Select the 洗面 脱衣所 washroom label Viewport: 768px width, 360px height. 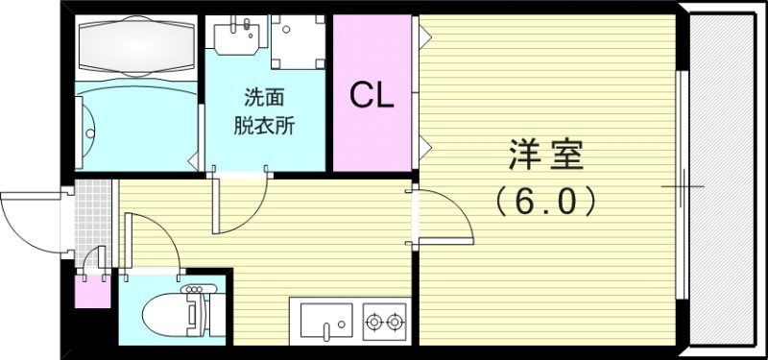coord(264,109)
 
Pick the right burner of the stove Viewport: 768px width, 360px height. coord(395,321)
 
